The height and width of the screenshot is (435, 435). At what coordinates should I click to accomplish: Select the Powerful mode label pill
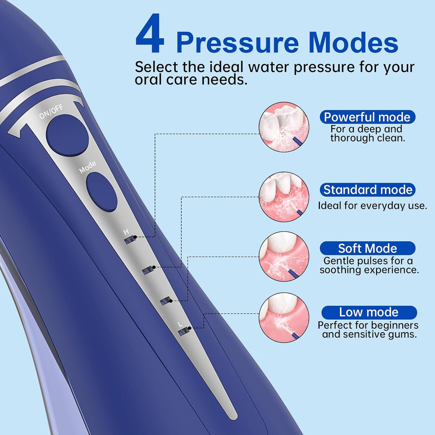(367, 117)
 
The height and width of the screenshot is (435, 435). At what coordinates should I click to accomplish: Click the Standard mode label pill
(367, 189)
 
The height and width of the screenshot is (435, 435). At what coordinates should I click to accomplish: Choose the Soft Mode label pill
(367, 248)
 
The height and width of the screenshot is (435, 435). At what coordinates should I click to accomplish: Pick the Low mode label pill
(368, 312)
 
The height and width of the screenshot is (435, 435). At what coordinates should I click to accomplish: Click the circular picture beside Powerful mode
(284, 127)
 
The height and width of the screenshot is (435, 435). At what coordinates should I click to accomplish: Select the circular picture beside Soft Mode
(284, 256)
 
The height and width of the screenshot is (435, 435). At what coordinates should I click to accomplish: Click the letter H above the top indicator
(126, 232)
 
